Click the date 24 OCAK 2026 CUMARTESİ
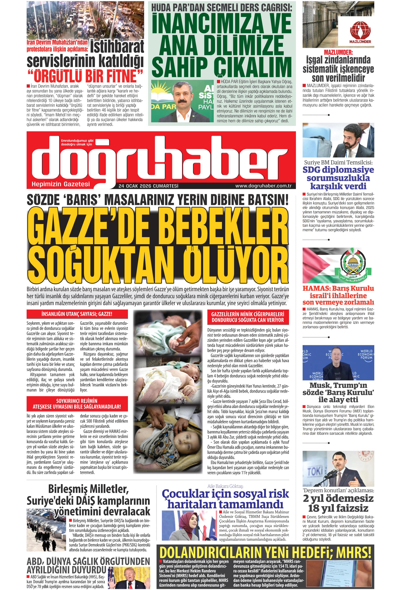[148, 186]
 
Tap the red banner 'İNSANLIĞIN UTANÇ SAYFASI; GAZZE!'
[77, 314]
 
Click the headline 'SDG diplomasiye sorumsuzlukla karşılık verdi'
[338, 178]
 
